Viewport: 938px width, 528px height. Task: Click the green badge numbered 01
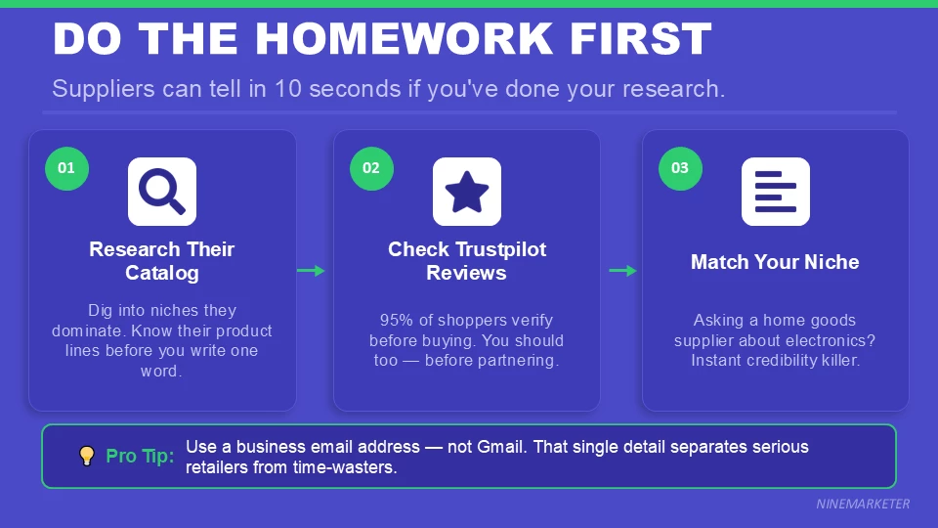(x=66, y=168)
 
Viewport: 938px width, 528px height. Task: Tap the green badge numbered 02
(x=371, y=168)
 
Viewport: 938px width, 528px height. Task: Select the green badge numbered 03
(x=680, y=168)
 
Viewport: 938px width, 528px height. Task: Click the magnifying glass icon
(x=162, y=192)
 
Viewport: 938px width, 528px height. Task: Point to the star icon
(x=467, y=192)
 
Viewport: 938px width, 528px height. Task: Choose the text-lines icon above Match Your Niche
(x=776, y=192)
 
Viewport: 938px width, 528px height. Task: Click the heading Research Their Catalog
(x=162, y=261)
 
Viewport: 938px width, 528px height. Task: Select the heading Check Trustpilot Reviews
(x=467, y=261)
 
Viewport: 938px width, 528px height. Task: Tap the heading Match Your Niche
(x=775, y=262)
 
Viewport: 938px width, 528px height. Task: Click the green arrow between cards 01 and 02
(x=312, y=271)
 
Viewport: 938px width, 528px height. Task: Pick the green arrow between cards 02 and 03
(x=622, y=271)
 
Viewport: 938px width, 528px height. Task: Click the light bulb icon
(x=87, y=456)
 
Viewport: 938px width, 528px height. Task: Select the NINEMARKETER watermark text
(x=863, y=504)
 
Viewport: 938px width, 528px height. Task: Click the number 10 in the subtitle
(x=289, y=89)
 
